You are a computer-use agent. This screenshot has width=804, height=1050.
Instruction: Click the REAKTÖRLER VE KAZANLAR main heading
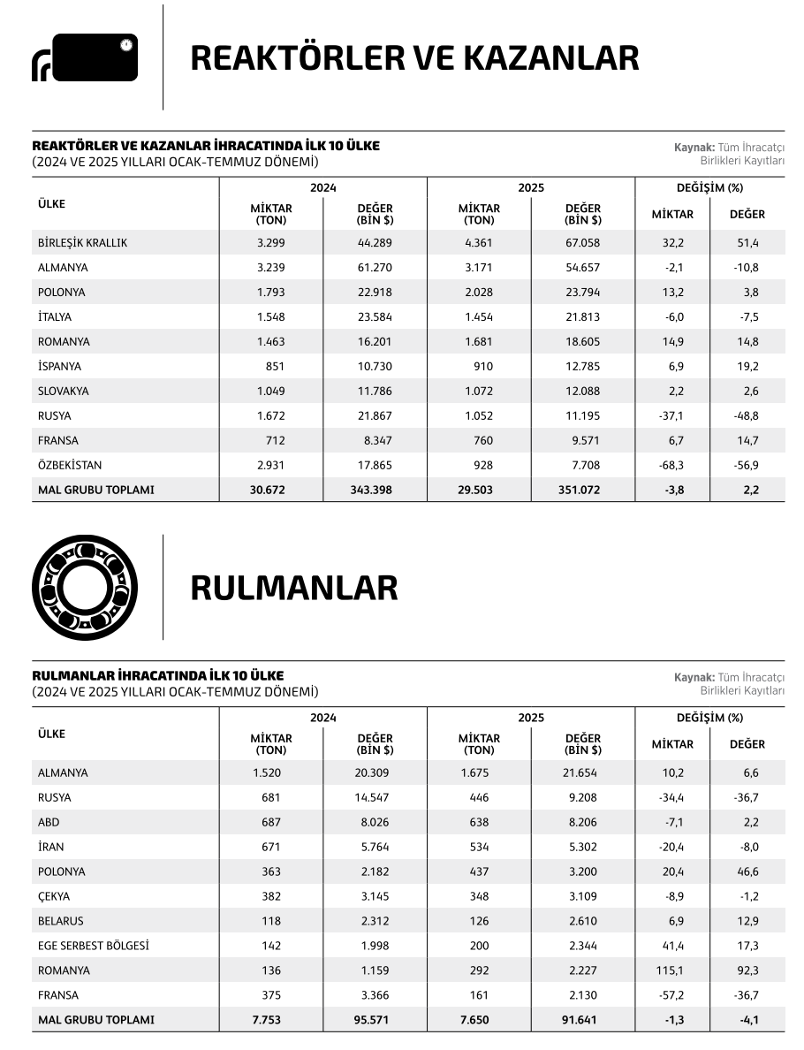click(414, 58)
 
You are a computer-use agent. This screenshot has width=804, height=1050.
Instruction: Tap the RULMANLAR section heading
click(294, 588)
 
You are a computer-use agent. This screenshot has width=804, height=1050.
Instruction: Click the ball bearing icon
click(85, 587)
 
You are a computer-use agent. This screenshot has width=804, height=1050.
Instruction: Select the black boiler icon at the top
click(85, 58)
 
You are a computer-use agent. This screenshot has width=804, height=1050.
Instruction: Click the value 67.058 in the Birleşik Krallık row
click(583, 243)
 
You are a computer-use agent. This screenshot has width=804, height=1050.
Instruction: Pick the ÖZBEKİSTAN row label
click(70, 465)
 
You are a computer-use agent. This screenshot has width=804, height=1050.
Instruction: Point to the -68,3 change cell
click(672, 465)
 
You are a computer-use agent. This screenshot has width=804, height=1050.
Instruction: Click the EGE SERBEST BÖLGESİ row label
click(93, 946)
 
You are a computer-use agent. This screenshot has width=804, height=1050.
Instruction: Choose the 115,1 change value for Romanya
click(672, 970)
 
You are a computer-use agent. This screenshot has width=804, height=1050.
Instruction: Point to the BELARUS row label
click(61, 921)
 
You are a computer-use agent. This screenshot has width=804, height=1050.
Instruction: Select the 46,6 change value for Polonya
click(747, 871)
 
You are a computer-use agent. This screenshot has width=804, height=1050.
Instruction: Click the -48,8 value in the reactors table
click(747, 415)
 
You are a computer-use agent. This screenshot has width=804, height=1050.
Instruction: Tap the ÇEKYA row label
click(54, 896)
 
